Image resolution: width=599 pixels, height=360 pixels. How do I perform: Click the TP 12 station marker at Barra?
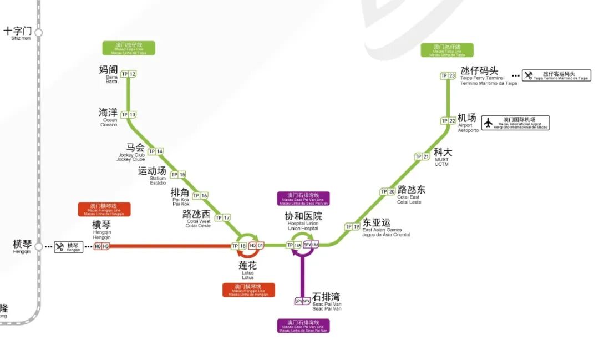(x=129, y=74)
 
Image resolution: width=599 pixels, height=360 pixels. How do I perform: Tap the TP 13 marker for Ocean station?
(x=129, y=115)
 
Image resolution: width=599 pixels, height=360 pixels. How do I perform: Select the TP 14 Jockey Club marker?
(x=156, y=151)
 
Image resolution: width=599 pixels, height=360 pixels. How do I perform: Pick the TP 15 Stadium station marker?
(x=178, y=174)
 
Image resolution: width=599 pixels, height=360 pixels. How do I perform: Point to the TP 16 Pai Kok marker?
(x=200, y=195)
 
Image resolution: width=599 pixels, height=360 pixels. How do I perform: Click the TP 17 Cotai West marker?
(x=222, y=217)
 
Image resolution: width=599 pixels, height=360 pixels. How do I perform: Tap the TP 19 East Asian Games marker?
(x=352, y=226)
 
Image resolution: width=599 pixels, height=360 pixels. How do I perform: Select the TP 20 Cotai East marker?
(x=388, y=191)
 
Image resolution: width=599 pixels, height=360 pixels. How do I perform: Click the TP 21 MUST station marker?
(x=422, y=156)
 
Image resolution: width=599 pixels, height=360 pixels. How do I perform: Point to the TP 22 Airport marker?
(x=448, y=120)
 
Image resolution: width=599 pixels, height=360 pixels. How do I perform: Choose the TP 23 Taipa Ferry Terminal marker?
(x=448, y=75)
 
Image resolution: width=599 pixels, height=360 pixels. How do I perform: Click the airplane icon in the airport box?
(x=488, y=123)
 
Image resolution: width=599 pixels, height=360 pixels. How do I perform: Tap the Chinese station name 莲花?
(x=248, y=266)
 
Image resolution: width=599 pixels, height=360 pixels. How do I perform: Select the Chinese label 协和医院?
(x=303, y=216)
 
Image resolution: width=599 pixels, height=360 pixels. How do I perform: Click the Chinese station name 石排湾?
(x=326, y=297)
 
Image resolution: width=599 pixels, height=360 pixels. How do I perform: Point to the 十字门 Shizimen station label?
(x=18, y=31)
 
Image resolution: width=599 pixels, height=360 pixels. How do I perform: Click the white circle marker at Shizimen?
(x=38, y=32)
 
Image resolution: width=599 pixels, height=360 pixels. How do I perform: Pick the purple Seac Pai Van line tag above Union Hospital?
(x=303, y=199)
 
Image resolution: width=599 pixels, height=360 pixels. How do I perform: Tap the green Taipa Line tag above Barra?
(x=129, y=48)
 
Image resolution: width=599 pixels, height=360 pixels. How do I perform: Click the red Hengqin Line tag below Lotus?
(x=249, y=290)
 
